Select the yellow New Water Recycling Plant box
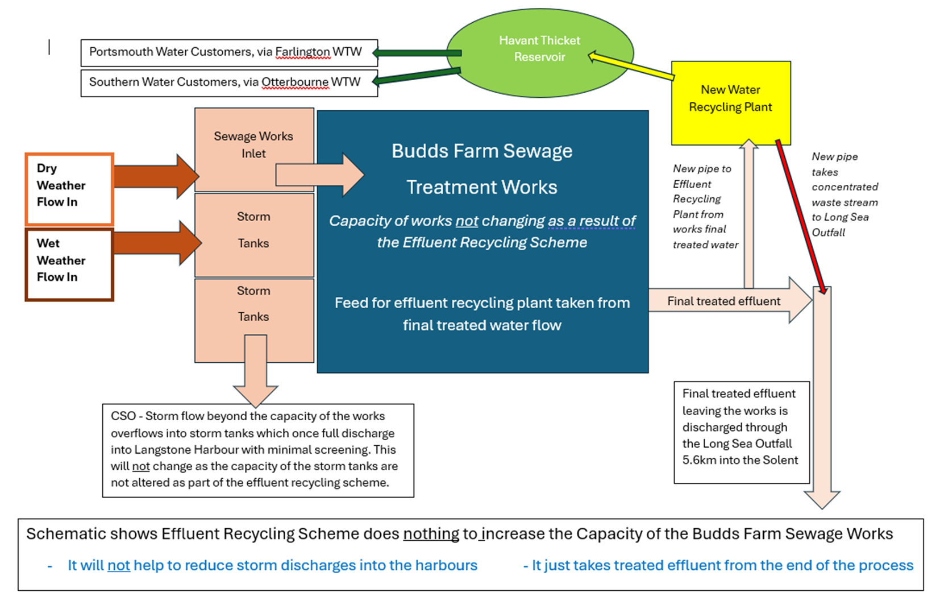730,102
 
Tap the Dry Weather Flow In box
69,188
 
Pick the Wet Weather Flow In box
69,264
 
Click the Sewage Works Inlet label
253,145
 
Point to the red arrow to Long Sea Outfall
801,216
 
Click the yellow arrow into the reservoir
631,65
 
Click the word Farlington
302,52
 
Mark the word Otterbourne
294,82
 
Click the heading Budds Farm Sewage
482,151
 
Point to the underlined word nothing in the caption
431,534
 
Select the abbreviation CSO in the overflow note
123,416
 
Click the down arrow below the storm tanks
256,370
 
